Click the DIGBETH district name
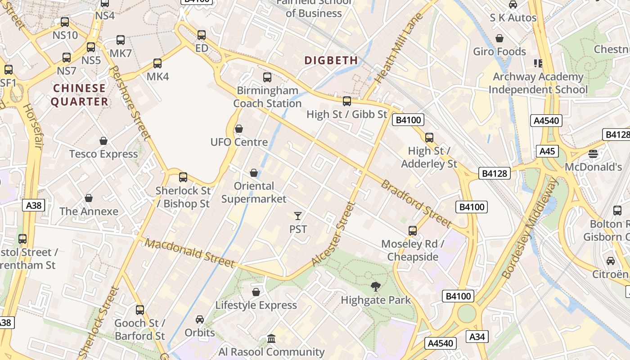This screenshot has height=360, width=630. coord(331,60)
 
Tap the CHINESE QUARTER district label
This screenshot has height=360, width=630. coord(79,95)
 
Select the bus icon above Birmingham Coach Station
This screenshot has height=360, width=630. coord(267,77)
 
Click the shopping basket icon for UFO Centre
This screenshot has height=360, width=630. coord(239,129)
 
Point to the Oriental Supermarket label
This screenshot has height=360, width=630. coord(254,192)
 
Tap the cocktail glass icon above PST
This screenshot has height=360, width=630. coord(297,216)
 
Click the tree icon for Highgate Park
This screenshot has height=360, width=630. coord(375,286)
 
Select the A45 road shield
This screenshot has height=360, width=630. coord(547,151)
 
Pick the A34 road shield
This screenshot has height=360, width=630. coord(477,337)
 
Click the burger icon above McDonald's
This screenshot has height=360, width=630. coord(593,154)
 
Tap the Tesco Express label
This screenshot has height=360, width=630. coord(103,154)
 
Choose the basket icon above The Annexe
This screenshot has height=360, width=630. coord(89,198)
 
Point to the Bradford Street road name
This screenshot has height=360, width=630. coord(416,203)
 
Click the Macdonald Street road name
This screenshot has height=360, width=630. coord(189,253)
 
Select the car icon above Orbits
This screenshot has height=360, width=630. coord(200,319)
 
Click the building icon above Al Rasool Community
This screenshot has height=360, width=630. coord(271,338)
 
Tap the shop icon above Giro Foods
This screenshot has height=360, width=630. coord(499,38)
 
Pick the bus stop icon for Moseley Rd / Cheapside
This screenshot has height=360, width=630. coord(413,231)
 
